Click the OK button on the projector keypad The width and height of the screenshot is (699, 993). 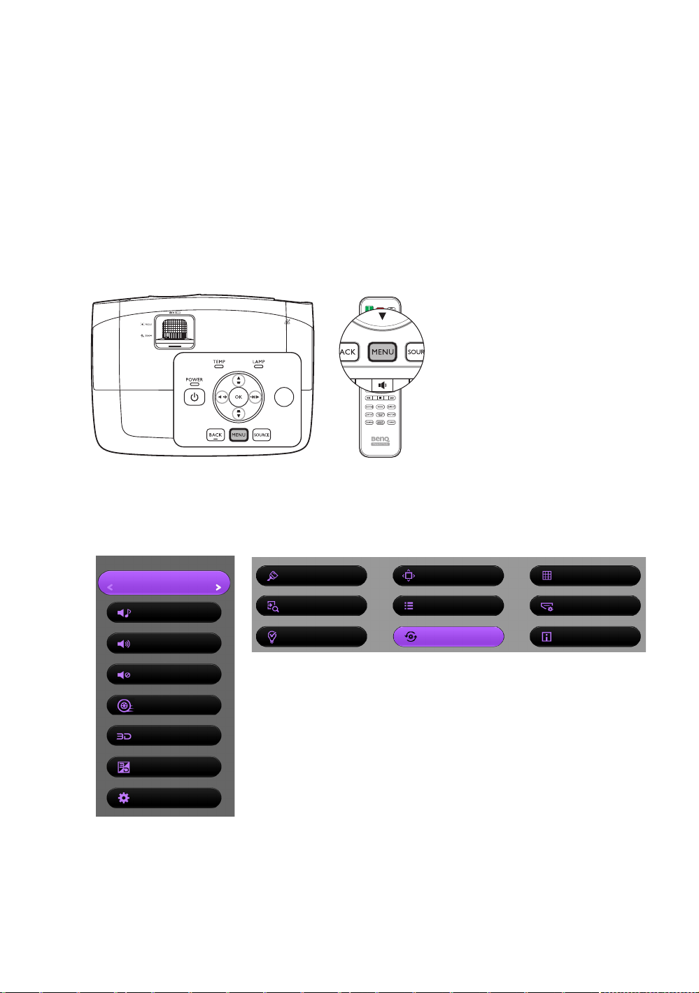(x=239, y=397)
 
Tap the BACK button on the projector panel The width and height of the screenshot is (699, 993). (x=216, y=435)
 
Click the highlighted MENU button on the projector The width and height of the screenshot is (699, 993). (x=239, y=435)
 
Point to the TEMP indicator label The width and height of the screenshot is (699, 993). (x=219, y=362)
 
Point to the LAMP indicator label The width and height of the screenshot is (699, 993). (x=259, y=362)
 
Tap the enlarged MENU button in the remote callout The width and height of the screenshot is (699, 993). (x=383, y=352)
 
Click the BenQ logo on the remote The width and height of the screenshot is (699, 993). (x=380, y=439)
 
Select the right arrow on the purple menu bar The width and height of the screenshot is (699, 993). (x=218, y=587)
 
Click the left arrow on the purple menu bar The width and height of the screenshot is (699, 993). (x=111, y=587)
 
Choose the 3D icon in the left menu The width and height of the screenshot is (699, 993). (x=124, y=736)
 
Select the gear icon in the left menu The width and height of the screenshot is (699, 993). (x=124, y=798)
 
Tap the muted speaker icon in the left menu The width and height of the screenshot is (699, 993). (x=124, y=675)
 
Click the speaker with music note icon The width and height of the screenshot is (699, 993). (x=124, y=613)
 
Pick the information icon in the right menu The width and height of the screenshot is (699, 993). (x=546, y=637)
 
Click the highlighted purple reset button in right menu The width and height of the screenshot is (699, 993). (x=448, y=637)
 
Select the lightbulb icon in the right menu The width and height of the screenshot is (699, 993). (x=273, y=637)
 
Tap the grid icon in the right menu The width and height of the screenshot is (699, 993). (x=547, y=576)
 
